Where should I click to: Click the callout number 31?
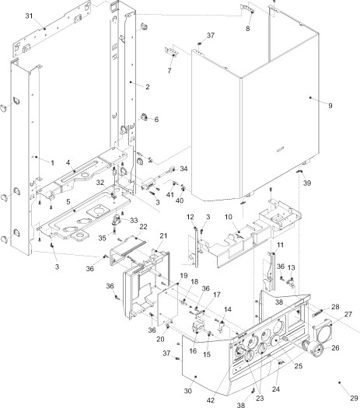[x=29, y=16]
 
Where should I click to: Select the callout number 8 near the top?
[x=248, y=29]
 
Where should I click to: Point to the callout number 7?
[x=170, y=70]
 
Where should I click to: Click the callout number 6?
[x=156, y=119]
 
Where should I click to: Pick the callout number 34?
[x=184, y=168]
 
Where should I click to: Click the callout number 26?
[x=336, y=347]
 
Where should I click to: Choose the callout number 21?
[x=164, y=235]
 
